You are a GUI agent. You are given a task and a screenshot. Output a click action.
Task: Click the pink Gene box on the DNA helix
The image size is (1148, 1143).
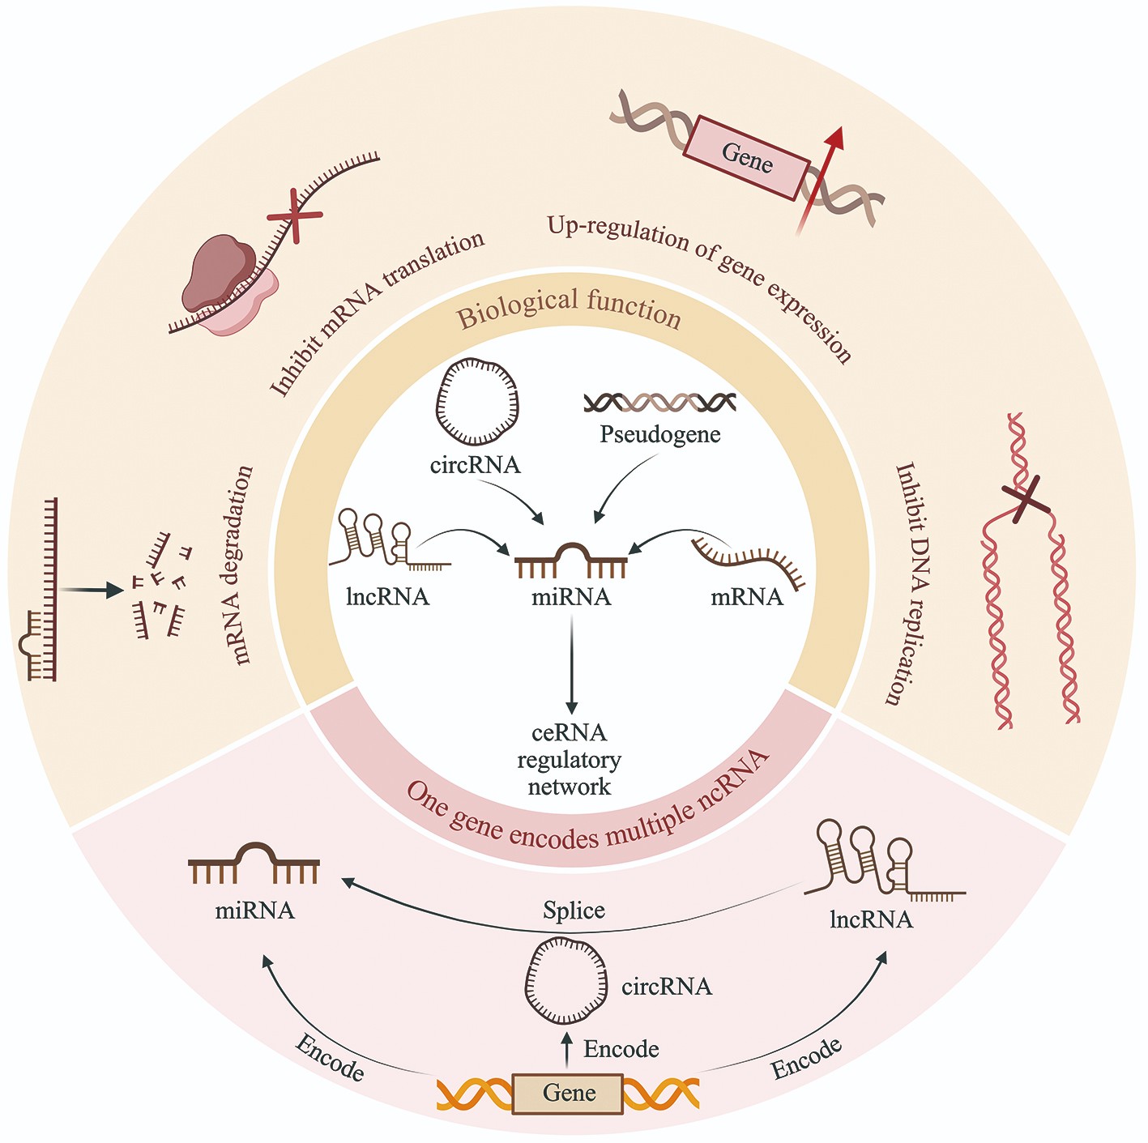click(x=746, y=157)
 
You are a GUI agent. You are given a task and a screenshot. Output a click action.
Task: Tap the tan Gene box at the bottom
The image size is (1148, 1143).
click(x=569, y=1094)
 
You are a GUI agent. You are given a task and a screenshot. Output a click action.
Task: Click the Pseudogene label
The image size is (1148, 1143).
click(x=659, y=435)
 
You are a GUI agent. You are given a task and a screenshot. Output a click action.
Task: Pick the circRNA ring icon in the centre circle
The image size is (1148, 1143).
click(x=478, y=403)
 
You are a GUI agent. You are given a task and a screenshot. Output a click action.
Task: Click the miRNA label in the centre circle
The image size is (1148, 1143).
click(x=571, y=598)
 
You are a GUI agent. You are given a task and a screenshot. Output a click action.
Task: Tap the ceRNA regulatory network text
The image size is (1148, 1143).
click(x=570, y=760)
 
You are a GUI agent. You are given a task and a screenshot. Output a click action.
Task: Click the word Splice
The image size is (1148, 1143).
click(x=574, y=911)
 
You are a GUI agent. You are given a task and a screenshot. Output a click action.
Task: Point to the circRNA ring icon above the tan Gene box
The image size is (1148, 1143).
click(x=566, y=981)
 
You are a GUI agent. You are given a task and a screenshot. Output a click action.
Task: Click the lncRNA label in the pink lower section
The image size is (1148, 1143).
click(x=871, y=920)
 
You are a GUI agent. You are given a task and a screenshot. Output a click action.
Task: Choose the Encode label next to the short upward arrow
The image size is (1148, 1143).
click(x=621, y=1050)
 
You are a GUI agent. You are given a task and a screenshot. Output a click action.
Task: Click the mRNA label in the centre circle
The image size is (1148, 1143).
click(x=747, y=598)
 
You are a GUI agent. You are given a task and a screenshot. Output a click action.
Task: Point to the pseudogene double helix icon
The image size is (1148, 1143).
click(x=659, y=402)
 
